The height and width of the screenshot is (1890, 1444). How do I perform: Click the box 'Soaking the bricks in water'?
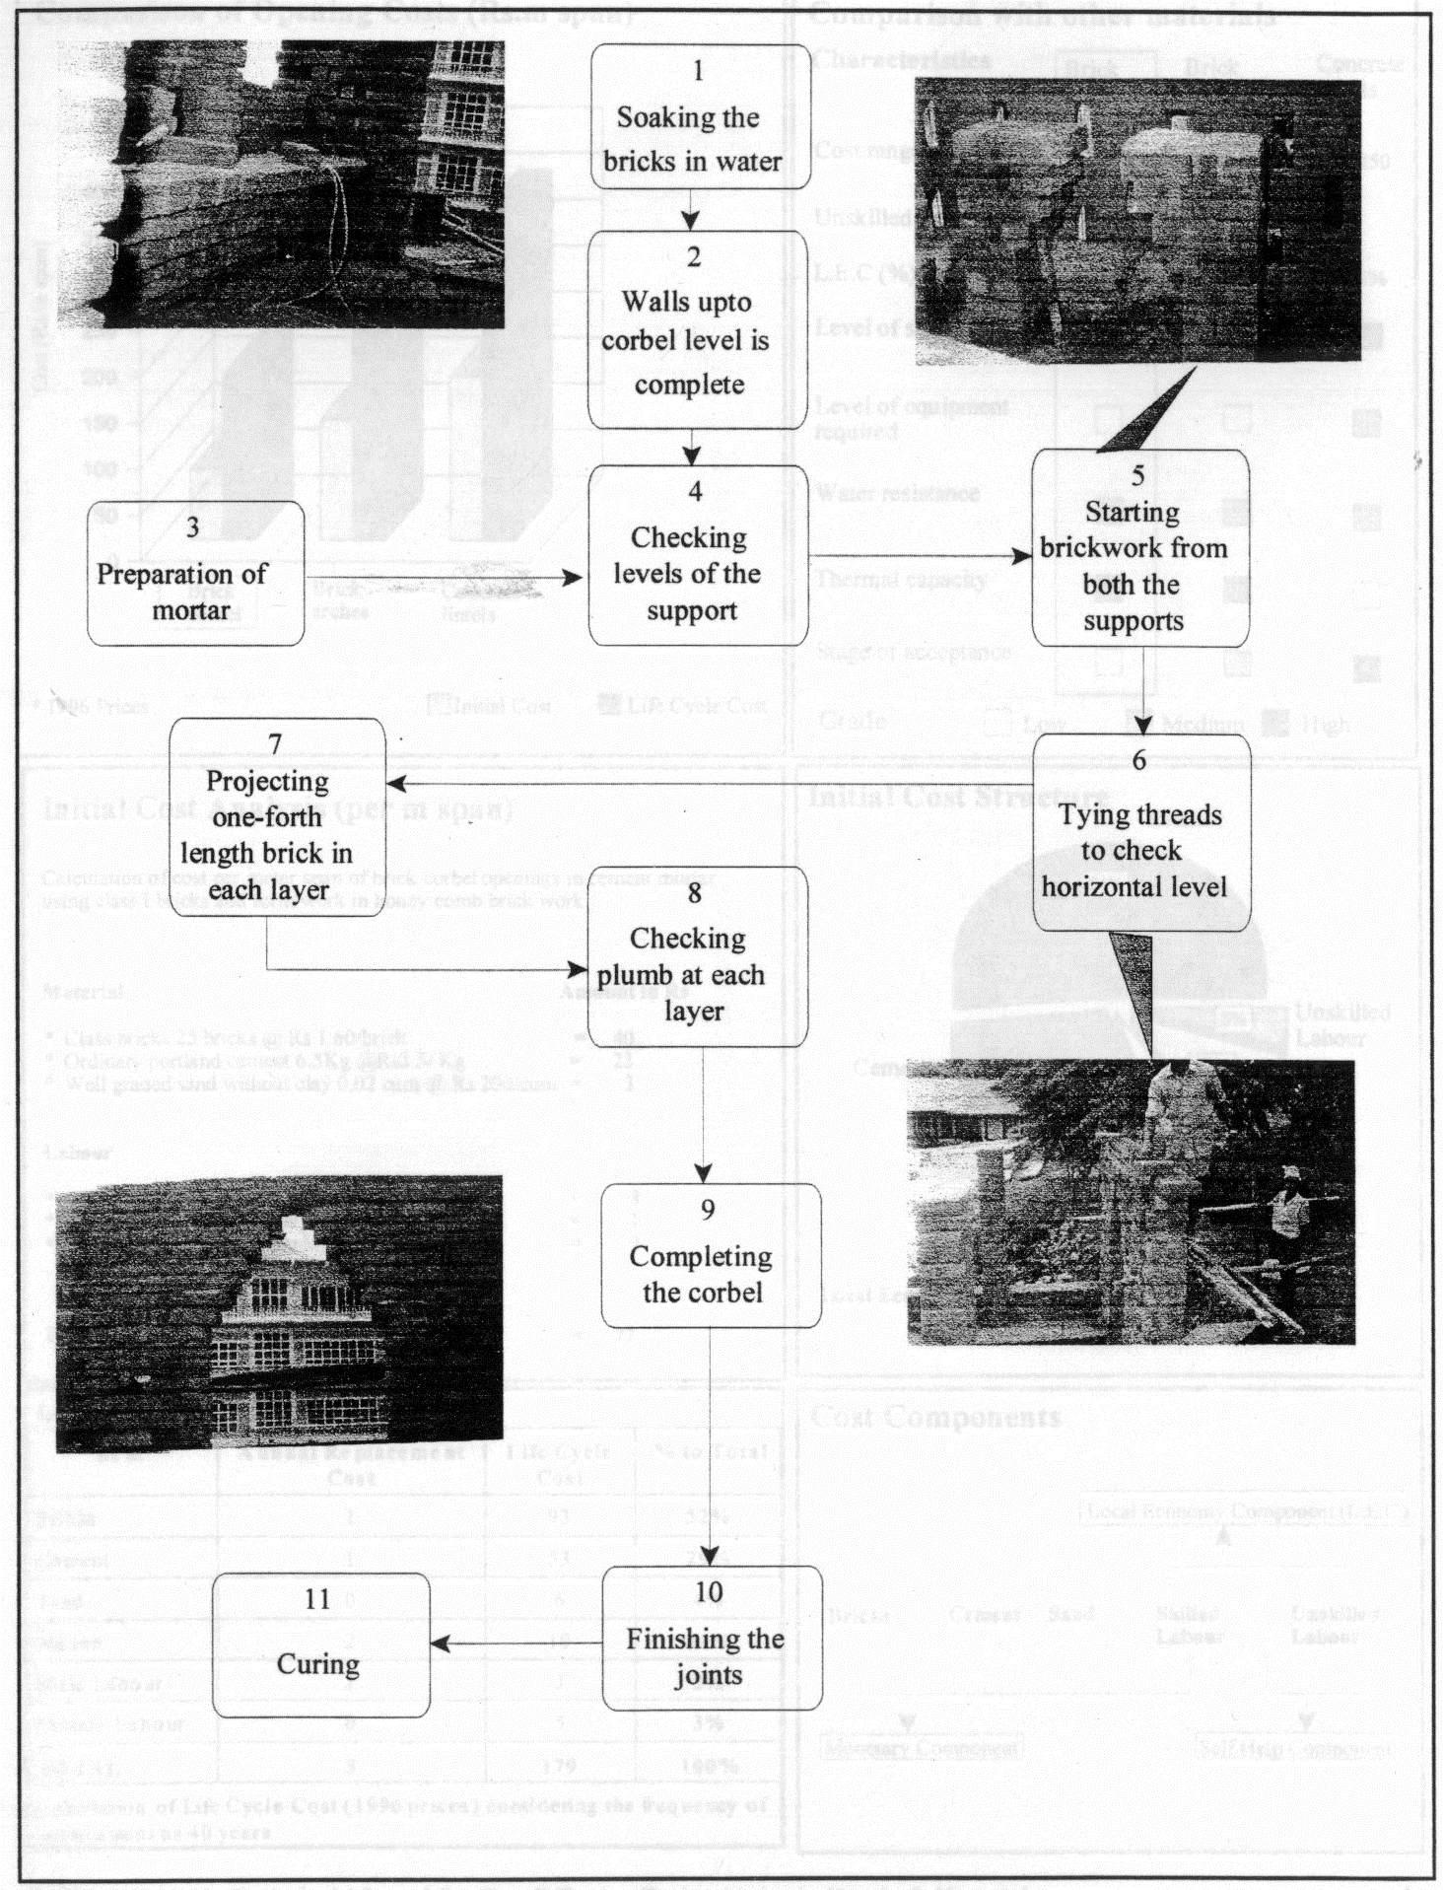coord(700,116)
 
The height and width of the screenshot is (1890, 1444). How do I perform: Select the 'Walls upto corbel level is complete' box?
coord(698,329)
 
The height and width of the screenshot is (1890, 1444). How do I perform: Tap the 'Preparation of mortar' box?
coord(195,574)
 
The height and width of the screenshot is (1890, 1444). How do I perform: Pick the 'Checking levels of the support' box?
coord(698,556)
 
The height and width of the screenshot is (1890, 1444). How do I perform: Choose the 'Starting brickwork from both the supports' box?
coord(1140,548)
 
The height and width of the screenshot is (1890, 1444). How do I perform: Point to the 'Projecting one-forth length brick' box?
coord(277,817)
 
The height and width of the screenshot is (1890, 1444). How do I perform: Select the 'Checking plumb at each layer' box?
coord(698,956)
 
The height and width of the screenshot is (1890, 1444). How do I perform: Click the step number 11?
coord(317,1599)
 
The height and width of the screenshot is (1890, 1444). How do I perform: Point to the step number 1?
coord(699,70)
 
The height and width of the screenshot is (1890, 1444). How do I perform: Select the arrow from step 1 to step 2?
coord(692,209)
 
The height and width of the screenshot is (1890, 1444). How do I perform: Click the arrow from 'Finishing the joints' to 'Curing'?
coord(516,1644)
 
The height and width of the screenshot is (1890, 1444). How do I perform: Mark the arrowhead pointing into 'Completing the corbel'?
coord(703,1173)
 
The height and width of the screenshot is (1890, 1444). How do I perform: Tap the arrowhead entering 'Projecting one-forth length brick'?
coord(396,784)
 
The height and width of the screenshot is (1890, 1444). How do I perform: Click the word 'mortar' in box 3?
coord(191,610)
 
